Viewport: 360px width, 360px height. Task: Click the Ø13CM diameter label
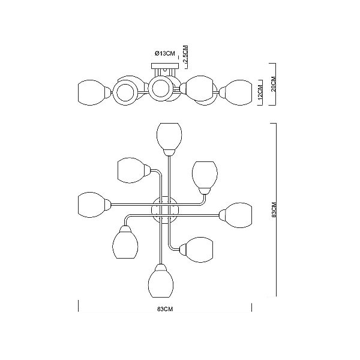tap(165, 54)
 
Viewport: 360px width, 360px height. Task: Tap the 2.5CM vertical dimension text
tap(185, 55)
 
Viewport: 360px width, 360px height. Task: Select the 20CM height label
tap(274, 84)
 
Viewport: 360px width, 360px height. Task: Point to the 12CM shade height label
tap(260, 92)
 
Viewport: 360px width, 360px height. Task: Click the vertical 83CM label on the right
tap(274, 209)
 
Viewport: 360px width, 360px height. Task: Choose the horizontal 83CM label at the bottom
tap(165, 309)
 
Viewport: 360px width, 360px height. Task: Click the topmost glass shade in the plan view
tap(169, 136)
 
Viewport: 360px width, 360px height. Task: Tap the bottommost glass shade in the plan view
tap(161, 284)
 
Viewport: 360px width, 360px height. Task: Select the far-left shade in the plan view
tap(91, 205)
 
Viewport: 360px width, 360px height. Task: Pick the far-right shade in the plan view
tap(239, 215)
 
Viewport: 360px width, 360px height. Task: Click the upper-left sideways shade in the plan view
tap(131, 170)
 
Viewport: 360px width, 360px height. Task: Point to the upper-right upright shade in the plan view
tap(205, 175)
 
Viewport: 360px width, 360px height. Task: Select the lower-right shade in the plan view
tap(200, 250)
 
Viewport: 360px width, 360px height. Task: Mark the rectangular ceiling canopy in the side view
tap(165, 66)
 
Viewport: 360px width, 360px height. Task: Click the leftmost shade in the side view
tap(91, 92)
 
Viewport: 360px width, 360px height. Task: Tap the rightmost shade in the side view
tap(239, 92)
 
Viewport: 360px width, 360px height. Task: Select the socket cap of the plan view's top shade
tap(169, 152)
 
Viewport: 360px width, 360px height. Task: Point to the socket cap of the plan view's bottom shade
tap(161, 268)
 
